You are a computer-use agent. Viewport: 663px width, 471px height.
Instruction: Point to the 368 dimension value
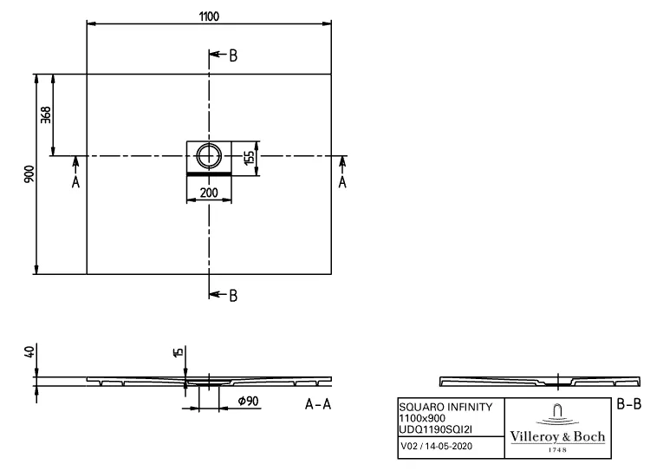46,114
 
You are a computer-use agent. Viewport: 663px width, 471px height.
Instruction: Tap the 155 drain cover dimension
249,157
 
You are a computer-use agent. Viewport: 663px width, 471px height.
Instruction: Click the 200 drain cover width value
209,193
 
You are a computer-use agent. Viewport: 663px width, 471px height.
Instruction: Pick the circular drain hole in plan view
209,157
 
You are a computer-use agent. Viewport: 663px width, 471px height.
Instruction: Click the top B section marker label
232,56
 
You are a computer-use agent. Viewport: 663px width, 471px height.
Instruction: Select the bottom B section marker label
232,296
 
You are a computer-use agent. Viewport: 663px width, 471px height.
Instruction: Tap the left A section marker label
75,181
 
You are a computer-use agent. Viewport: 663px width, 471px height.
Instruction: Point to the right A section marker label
342,181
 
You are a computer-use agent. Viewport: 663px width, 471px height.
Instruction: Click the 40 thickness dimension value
29,351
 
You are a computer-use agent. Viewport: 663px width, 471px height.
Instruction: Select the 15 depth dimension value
178,352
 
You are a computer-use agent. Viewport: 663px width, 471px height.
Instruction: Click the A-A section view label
318,404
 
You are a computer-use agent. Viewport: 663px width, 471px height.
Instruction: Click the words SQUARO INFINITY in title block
445,407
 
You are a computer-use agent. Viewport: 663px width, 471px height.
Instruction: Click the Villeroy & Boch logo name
556,436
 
